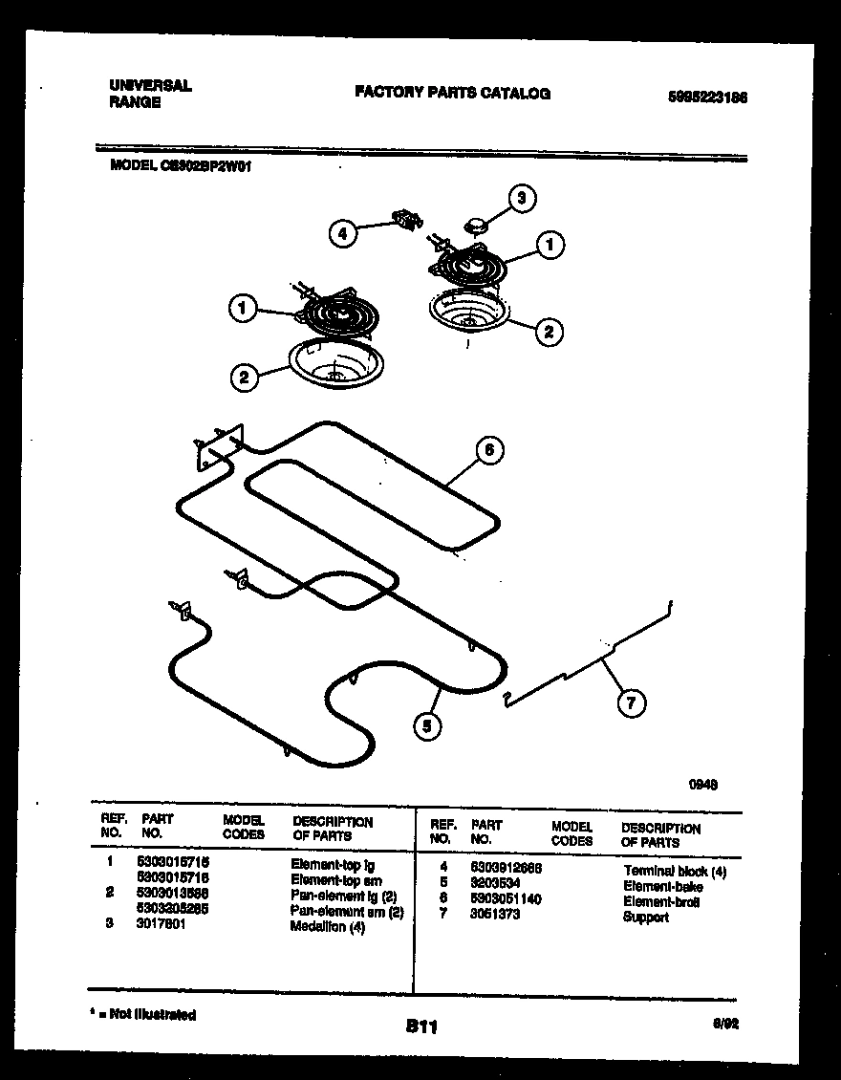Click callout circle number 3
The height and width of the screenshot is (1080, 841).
click(x=521, y=199)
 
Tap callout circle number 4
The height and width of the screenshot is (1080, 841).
click(x=342, y=232)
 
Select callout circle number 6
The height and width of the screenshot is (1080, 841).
click(x=488, y=449)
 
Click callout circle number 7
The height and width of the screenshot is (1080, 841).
click(x=629, y=704)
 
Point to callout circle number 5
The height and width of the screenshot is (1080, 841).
click(x=428, y=727)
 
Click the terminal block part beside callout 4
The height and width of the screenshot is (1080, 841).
click(x=408, y=221)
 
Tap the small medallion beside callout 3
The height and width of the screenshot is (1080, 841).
click(x=475, y=226)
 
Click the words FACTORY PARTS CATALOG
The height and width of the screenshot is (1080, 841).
click(x=452, y=93)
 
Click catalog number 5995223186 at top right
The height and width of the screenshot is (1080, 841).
click(x=707, y=97)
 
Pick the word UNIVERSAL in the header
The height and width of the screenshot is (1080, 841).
click(x=150, y=85)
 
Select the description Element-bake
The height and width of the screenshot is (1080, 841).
click(x=663, y=886)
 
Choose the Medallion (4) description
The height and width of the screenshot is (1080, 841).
click(x=328, y=926)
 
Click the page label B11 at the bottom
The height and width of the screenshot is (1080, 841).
click(x=420, y=1026)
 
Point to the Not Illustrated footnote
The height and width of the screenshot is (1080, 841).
click(x=144, y=1014)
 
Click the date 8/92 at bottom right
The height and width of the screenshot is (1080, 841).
click(x=726, y=1023)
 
